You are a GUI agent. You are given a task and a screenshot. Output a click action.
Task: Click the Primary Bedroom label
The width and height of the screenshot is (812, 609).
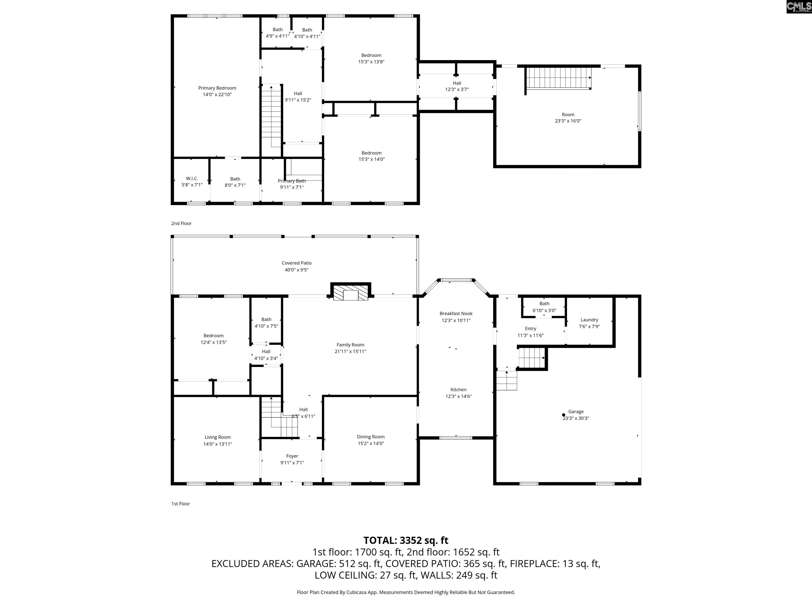click(217, 88)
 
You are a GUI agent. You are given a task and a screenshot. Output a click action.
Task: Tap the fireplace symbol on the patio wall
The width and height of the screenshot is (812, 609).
click(350, 292)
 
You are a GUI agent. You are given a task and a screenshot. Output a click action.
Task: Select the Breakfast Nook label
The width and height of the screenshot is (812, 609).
click(456, 313)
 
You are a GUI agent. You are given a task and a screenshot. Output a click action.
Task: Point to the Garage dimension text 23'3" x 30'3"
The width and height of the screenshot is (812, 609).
click(576, 418)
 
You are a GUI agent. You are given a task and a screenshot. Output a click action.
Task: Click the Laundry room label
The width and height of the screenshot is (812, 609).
click(589, 320)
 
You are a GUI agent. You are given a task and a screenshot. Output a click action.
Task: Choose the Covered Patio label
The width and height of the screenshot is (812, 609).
click(297, 263)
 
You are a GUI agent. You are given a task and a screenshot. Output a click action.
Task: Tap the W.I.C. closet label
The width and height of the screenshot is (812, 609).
click(192, 178)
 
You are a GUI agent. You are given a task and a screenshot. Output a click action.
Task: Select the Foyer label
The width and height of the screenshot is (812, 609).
click(292, 456)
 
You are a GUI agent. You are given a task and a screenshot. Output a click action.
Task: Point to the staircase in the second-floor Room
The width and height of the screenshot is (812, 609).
click(558, 78)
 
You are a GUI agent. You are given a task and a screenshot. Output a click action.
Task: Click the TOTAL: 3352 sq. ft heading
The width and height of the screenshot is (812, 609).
click(406, 540)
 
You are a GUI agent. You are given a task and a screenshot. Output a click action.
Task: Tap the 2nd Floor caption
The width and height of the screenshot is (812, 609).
click(181, 223)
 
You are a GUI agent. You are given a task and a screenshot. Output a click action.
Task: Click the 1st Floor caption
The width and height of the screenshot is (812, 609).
click(181, 504)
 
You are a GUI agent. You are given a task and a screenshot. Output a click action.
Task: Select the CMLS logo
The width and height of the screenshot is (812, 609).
click(799, 7)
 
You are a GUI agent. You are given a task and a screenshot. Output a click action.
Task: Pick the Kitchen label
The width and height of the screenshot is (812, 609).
click(459, 390)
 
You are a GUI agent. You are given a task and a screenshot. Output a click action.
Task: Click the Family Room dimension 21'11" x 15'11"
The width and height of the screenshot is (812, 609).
click(350, 351)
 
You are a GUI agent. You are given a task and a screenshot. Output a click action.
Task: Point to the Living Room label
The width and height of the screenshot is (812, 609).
click(218, 437)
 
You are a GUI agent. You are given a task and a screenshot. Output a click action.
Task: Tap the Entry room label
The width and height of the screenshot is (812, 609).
click(530, 329)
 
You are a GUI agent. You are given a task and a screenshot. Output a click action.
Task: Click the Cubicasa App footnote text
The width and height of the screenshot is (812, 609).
click(406, 592)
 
